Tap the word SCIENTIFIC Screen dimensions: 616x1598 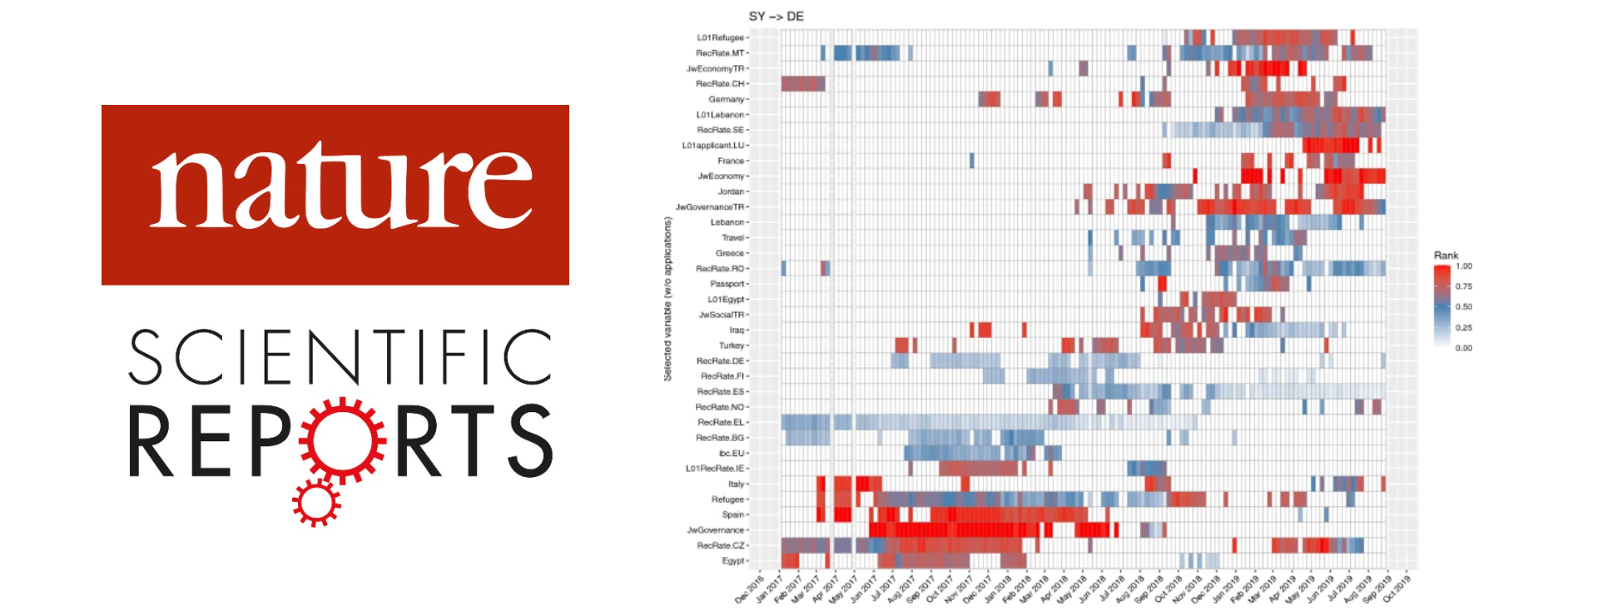pos(340,356)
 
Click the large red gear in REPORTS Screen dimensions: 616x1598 pos(343,440)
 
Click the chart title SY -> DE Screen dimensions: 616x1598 pos(776,17)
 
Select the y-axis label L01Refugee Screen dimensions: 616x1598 pos(721,37)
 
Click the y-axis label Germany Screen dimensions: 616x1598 pos(727,99)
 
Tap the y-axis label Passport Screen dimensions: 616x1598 pos(727,284)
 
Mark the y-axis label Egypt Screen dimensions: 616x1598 pos(732,561)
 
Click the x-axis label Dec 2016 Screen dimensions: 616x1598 pos(750,588)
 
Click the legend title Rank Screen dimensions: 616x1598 pos(1446,256)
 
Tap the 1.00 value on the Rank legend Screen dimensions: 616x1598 pos(1464,266)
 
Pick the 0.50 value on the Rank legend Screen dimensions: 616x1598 pos(1464,307)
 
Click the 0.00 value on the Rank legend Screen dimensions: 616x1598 pos(1464,348)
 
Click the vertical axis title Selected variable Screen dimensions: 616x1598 pos(667,300)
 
